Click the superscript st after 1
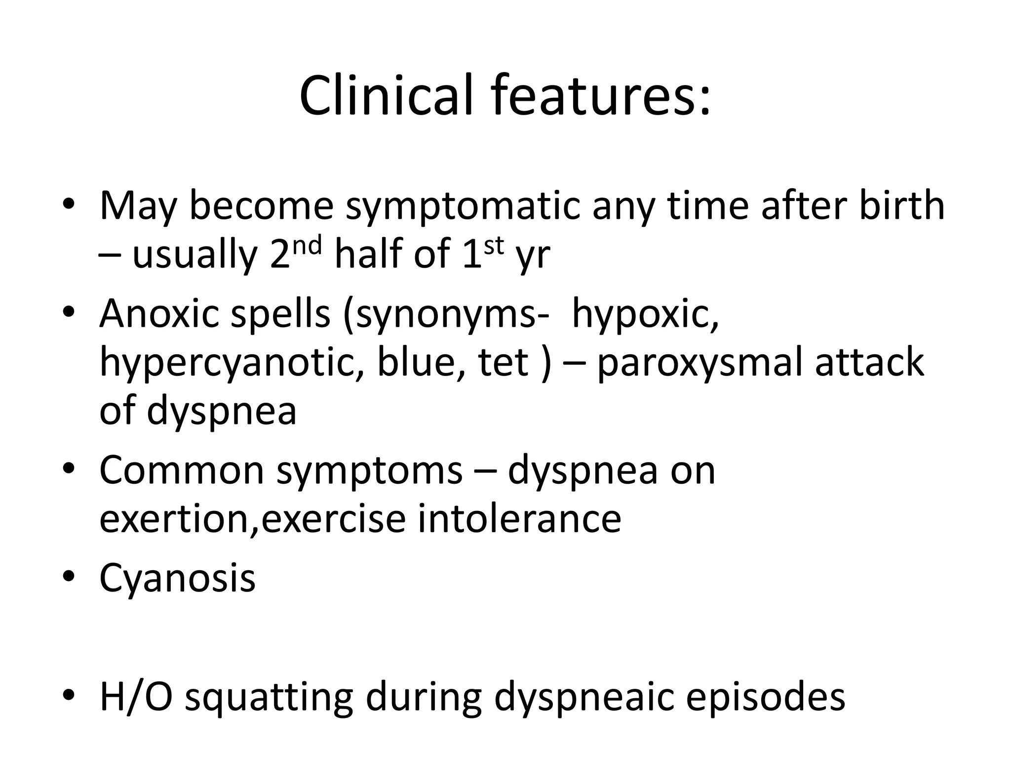click(x=493, y=245)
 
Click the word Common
click(x=182, y=470)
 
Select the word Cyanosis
click(x=177, y=579)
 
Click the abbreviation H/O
click(x=136, y=697)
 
